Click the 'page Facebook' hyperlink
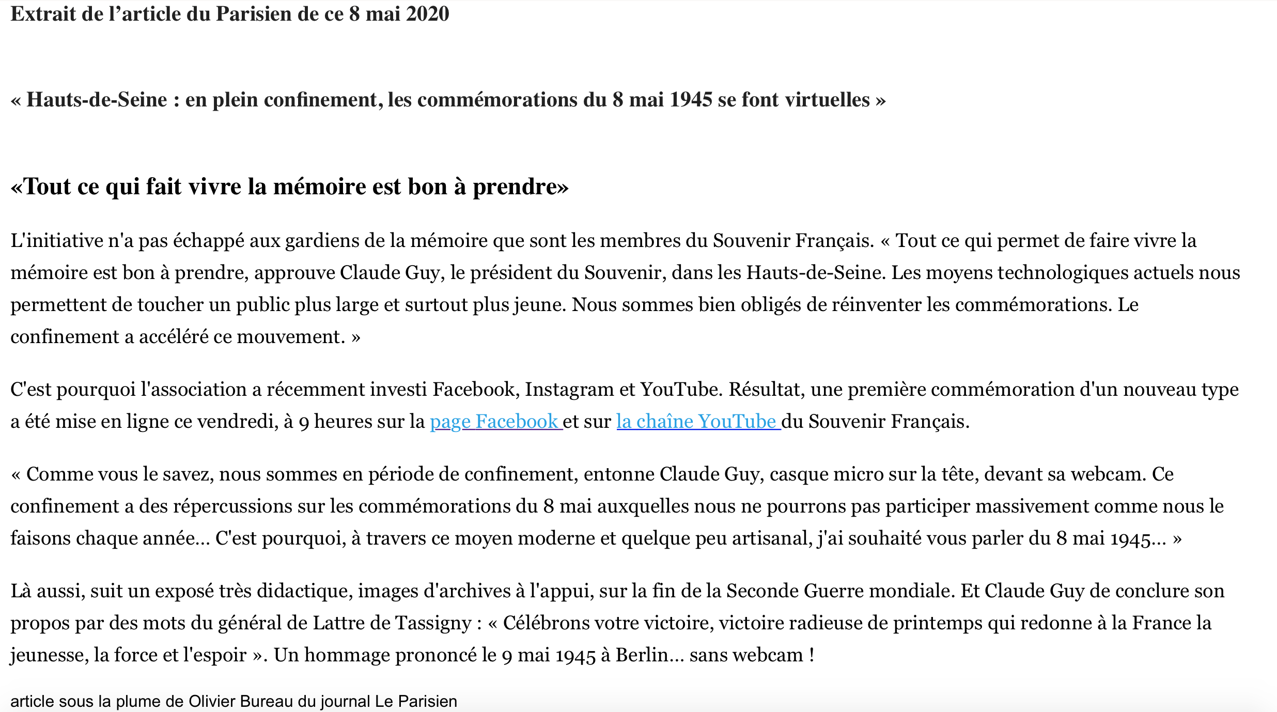coord(495,422)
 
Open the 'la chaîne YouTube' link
coord(697,422)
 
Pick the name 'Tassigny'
coord(433,623)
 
